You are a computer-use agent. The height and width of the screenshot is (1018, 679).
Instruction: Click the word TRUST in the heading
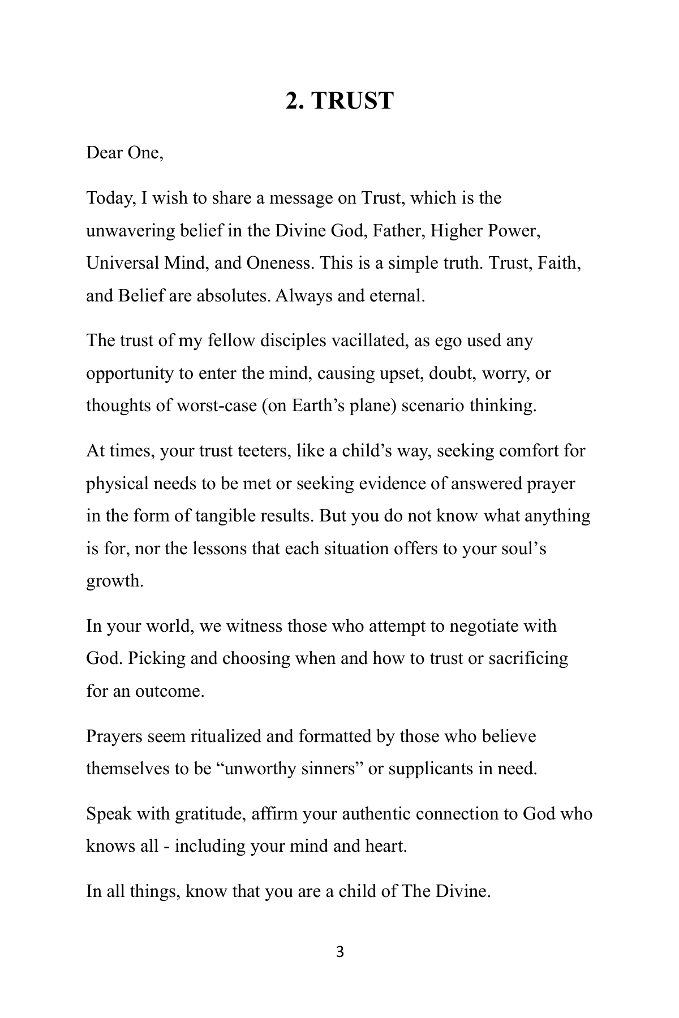coord(352,101)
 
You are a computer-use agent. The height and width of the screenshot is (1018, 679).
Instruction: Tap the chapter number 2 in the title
coord(292,101)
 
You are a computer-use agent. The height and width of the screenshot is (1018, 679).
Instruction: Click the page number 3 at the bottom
coord(339,952)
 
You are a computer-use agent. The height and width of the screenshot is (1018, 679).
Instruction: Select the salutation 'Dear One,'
coord(124,153)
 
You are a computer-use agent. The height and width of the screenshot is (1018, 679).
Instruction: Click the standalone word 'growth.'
coord(115,581)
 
